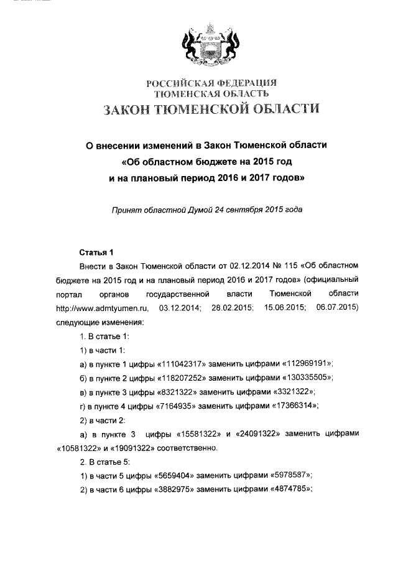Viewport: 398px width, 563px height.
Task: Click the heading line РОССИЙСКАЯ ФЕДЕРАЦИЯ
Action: coord(211,83)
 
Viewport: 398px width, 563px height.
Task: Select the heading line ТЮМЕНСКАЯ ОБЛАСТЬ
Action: coord(211,93)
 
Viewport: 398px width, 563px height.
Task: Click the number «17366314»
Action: coord(288,406)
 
